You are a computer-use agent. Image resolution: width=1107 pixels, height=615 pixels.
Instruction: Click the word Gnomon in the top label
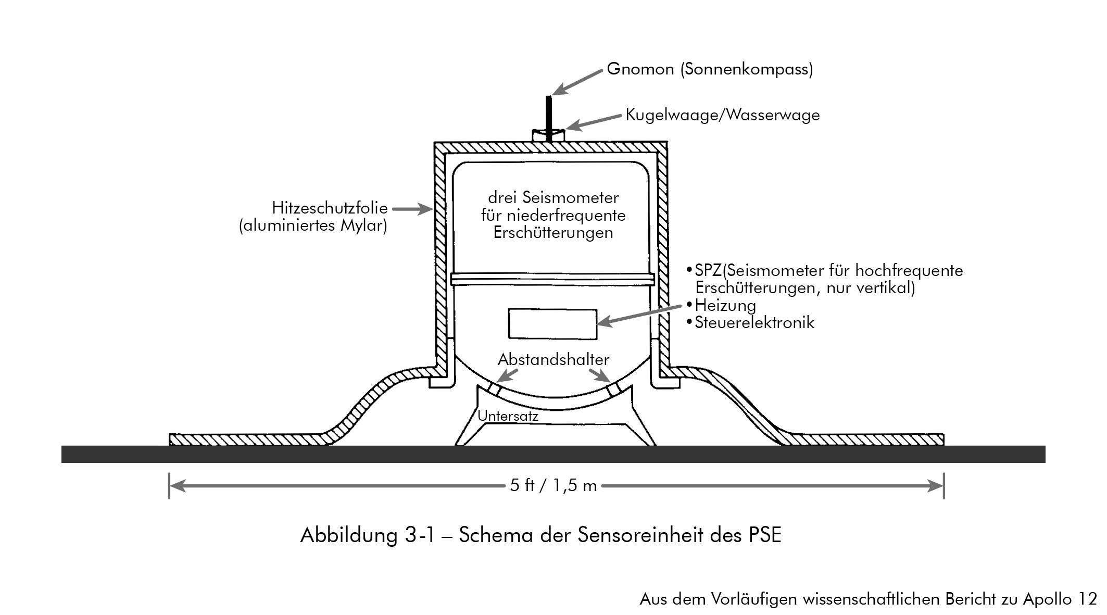click(x=640, y=69)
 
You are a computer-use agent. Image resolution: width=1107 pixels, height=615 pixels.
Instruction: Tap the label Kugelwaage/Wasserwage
click(x=722, y=115)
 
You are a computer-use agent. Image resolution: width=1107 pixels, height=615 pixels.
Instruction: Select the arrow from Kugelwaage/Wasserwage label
click(x=596, y=121)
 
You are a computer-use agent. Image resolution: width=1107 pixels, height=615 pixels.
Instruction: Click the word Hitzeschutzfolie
click(x=330, y=208)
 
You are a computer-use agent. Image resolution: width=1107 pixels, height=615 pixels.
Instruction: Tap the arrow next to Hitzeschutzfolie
click(x=412, y=209)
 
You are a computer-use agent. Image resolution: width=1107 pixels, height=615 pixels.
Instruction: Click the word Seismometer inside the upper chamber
click(x=570, y=198)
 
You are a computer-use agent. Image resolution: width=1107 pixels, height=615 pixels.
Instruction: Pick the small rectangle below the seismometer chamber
click(x=552, y=324)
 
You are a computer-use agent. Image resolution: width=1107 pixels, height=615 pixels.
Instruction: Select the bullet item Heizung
click(x=725, y=305)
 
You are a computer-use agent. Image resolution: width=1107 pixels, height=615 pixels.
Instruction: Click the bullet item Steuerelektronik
click(x=754, y=323)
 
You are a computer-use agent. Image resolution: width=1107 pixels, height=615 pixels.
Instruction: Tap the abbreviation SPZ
click(x=708, y=271)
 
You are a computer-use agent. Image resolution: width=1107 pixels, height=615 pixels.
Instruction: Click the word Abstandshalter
click(x=553, y=360)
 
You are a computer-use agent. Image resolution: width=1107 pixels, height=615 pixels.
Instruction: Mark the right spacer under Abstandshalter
click(x=614, y=389)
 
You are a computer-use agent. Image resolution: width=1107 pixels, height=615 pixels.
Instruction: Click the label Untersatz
click(x=508, y=416)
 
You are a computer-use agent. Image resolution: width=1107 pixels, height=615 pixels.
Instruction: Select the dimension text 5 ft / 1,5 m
click(x=553, y=486)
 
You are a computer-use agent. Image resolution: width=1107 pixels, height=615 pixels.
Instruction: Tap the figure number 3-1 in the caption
click(x=419, y=535)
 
